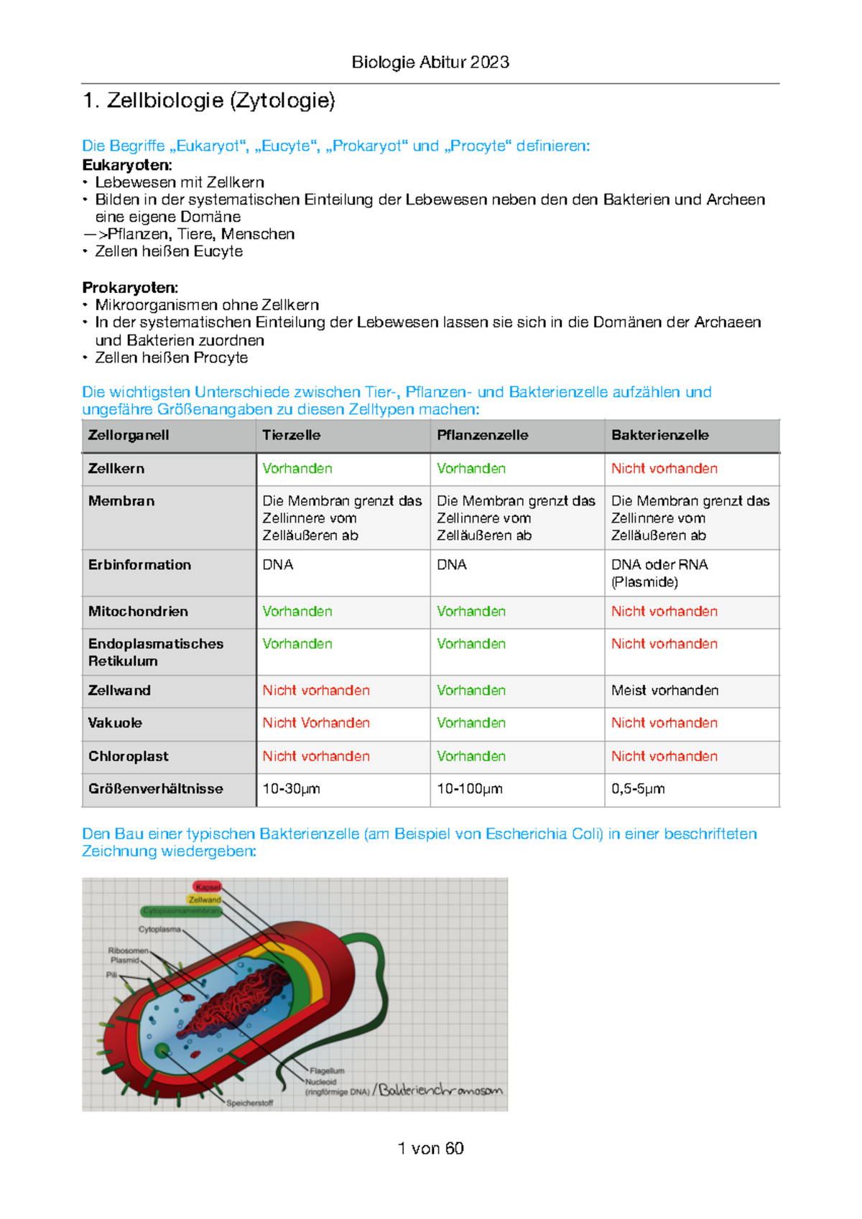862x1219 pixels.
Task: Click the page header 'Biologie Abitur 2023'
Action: pyautogui.click(x=430, y=62)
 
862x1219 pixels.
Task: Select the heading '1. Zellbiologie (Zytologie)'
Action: pyautogui.click(x=209, y=101)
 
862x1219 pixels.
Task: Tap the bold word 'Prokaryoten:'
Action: pyautogui.click(x=130, y=288)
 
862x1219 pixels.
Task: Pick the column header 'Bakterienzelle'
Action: pyautogui.click(x=659, y=435)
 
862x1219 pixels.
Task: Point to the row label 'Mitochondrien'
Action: pyautogui.click(x=138, y=612)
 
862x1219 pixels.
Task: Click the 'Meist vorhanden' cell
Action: pyautogui.click(x=664, y=691)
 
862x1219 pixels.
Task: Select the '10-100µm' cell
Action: pyautogui.click(x=469, y=789)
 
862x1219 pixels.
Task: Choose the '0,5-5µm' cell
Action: pyautogui.click(x=638, y=789)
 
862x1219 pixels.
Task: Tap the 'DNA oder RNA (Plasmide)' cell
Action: pyautogui.click(x=659, y=573)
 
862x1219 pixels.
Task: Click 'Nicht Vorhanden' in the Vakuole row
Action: pyautogui.click(x=316, y=723)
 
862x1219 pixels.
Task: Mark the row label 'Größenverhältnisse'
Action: pyautogui.click(x=155, y=789)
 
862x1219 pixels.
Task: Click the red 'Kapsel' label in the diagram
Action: pyautogui.click(x=208, y=887)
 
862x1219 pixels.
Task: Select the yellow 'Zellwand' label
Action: pyautogui.click(x=205, y=900)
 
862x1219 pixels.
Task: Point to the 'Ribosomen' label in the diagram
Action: pyautogui.click(x=128, y=951)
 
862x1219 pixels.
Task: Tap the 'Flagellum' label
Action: pyautogui.click(x=327, y=1070)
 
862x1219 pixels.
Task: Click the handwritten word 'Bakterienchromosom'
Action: pyautogui.click(x=440, y=1090)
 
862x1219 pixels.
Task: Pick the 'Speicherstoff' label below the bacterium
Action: pyautogui.click(x=249, y=1103)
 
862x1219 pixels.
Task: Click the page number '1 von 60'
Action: pyautogui.click(x=430, y=1149)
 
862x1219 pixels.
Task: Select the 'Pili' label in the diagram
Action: pyautogui.click(x=111, y=975)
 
